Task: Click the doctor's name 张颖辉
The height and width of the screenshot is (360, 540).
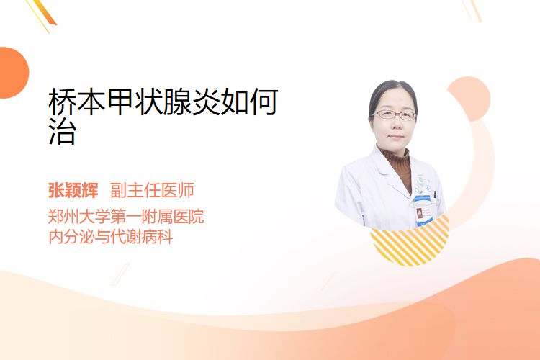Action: point(73,190)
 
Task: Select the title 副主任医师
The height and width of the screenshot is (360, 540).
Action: point(152,190)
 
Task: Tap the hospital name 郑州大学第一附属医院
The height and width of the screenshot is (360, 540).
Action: point(126,216)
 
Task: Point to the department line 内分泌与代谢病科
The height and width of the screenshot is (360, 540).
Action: point(111,237)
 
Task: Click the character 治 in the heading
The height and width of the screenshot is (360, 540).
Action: point(62,131)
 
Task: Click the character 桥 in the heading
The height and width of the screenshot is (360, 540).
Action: point(63,102)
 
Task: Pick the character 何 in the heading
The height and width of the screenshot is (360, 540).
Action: point(264,102)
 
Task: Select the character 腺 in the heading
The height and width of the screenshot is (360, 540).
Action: point(177,102)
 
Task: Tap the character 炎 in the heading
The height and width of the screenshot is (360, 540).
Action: point(206,102)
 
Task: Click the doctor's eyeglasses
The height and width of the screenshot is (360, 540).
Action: point(395,114)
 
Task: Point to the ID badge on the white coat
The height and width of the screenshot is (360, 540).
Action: point(423,210)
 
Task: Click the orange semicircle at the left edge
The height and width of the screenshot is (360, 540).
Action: point(13,73)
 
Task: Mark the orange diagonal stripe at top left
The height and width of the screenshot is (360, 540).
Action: point(45,12)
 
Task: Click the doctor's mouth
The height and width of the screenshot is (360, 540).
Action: point(395,137)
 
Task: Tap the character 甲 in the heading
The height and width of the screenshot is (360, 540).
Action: point(120,102)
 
